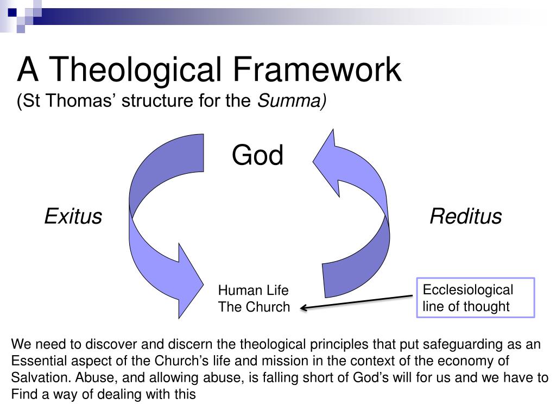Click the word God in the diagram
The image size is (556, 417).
pos(257,156)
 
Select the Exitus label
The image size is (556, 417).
pos(73,217)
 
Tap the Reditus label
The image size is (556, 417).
pos(465,217)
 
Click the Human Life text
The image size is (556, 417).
pos(253,290)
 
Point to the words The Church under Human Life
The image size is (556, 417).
pos(254,307)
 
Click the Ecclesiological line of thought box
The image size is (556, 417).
pos(475,298)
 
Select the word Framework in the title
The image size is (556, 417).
pos(318,71)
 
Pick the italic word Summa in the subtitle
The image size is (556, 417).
pos(291,100)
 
